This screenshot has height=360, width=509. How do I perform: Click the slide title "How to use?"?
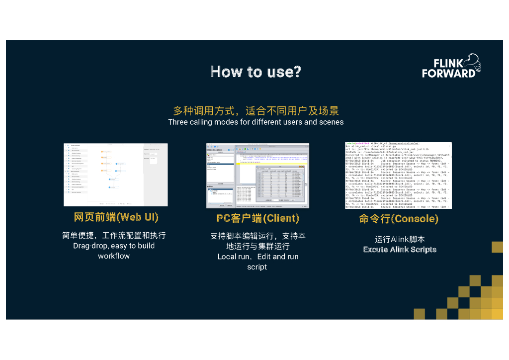click(x=255, y=72)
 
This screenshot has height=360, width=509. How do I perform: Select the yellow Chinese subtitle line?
click(x=255, y=110)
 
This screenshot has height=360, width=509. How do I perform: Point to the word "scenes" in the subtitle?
click(x=331, y=122)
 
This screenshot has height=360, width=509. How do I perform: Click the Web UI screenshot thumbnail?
click(x=115, y=175)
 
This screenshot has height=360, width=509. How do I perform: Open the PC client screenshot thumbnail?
click(x=257, y=176)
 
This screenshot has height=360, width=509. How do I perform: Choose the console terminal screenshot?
click(x=398, y=175)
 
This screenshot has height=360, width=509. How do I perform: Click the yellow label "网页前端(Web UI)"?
click(x=116, y=217)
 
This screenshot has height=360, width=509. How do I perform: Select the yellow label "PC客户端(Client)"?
click(x=257, y=218)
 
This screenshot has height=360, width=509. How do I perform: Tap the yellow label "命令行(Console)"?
click(x=399, y=219)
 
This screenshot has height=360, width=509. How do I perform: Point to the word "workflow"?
click(x=114, y=256)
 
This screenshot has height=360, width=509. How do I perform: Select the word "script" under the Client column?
click(x=257, y=267)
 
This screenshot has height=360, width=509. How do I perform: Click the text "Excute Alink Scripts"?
click(x=400, y=250)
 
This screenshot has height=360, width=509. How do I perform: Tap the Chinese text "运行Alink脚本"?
click(x=400, y=239)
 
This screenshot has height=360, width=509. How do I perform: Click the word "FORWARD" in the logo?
click(x=448, y=73)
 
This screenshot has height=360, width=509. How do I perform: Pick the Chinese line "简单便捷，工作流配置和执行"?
click(x=114, y=235)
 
